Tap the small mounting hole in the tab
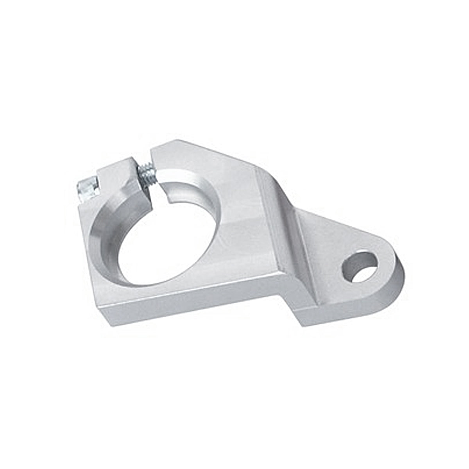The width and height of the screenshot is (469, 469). (360, 267)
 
